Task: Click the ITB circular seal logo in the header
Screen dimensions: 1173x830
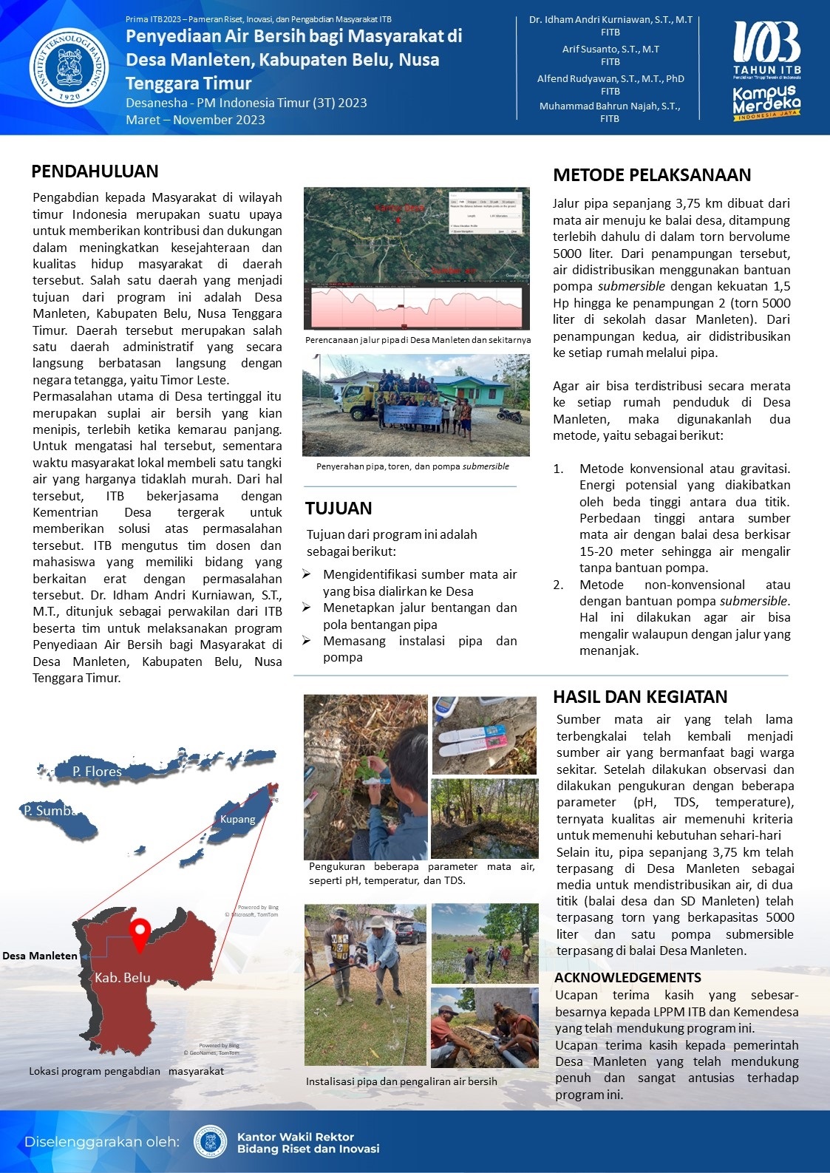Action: (x=69, y=67)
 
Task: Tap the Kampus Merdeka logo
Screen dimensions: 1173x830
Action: (x=766, y=103)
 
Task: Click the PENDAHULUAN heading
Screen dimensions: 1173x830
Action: (x=95, y=171)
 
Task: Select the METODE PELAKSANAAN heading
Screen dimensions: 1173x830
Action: (x=652, y=175)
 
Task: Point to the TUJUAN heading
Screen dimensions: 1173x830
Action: (x=339, y=509)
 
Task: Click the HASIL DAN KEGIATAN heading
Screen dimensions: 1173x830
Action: (x=640, y=697)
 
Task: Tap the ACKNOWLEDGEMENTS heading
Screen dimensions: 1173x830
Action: (x=627, y=978)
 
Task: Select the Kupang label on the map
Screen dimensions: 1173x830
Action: (x=237, y=819)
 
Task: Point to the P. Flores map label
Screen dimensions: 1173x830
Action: (x=97, y=772)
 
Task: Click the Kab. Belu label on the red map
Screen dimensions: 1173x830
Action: (x=122, y=978)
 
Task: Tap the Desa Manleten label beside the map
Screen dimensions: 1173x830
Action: (x=40, y=956)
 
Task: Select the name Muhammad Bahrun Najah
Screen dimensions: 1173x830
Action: (x=610, y=106)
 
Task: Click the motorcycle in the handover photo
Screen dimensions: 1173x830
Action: (x=509, y=415)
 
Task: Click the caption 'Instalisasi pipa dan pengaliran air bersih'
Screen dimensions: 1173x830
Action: (x=401, y=1081)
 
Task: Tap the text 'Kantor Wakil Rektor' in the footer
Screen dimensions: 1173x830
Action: (x=295, y=1137)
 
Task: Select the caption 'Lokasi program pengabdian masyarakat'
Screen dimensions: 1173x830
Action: (x=126, y=1071)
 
